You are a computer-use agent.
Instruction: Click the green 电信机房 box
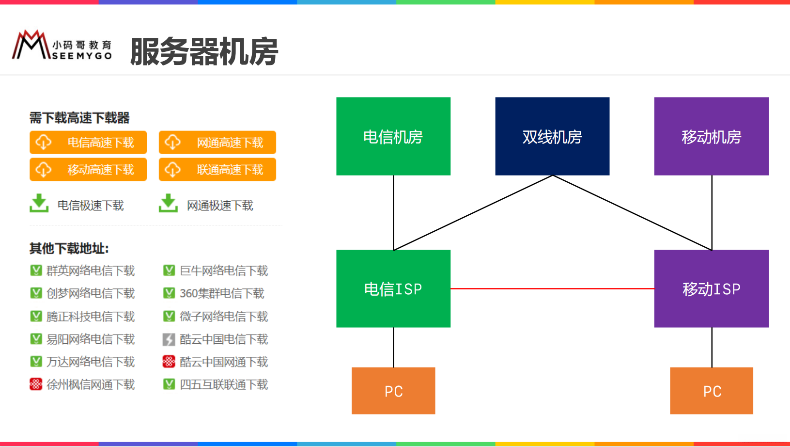(393, 136)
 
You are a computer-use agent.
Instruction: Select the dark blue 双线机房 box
(552, 136)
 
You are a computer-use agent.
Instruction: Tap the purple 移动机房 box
(711, 136)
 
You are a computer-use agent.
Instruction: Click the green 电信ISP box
(393, 288)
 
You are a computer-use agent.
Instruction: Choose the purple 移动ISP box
(711, 288)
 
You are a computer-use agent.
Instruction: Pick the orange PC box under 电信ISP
(393, 391)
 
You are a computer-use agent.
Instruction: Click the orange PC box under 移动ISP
(712, 391)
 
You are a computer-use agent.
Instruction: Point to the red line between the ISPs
(552, 288)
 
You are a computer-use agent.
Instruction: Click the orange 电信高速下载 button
(88, 143)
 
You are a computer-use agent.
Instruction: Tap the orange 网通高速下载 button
(217, 143)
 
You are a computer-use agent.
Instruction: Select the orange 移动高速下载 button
(88, 170)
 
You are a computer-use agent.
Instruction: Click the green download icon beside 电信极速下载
(39, 204)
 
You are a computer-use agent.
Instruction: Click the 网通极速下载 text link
(220, 206)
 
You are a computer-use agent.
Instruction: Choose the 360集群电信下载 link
(222, 293)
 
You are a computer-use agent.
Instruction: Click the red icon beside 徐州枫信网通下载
(36, 384)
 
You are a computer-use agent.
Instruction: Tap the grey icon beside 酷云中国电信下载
(169, 339)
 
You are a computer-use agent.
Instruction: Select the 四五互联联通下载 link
(224, 384)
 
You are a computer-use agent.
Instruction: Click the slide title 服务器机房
(204, 51)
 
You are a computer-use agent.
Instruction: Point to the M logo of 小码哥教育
(30, 46)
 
